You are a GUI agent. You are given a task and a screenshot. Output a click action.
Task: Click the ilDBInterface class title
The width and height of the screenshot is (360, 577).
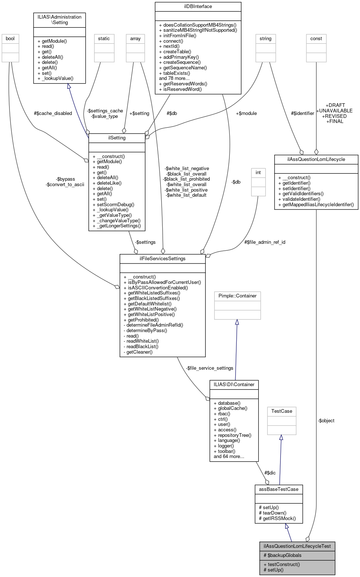point(198,7)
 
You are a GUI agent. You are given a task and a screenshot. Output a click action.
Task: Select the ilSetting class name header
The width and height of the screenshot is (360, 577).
point(117,138)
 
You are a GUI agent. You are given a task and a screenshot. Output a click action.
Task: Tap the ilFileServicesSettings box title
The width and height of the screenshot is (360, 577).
point(162,259)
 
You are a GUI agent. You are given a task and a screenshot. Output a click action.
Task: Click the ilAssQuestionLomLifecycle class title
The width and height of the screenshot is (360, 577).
point(316,159)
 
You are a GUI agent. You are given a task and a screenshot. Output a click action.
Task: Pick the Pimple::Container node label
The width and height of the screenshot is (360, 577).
point(237,296)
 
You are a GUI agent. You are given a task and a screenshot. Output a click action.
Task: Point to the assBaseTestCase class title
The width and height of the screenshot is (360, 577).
point(278,489)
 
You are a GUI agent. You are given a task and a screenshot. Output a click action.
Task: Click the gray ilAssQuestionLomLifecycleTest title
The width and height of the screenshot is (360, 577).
point(297,546)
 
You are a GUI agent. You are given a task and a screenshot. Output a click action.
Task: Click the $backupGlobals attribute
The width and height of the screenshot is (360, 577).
point(282,555)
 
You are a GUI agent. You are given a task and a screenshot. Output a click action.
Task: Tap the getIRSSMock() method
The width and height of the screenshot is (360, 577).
point(277,518)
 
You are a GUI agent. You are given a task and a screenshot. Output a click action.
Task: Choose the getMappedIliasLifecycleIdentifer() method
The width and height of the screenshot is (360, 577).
point(316,204)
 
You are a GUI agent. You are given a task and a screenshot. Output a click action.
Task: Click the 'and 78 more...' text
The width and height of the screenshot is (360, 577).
point(174,78)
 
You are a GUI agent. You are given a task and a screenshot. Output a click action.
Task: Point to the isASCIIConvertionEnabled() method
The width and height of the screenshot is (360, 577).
point(156,288)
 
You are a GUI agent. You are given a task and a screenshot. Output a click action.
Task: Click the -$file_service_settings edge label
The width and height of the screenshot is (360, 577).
point(209,368)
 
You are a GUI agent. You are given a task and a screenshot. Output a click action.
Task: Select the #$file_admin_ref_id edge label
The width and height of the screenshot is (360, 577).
point(264,242)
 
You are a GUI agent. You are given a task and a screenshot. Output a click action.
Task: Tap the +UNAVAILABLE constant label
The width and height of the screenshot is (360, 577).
point(334,111)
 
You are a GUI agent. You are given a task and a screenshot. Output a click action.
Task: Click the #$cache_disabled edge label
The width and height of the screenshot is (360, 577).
point(53,114)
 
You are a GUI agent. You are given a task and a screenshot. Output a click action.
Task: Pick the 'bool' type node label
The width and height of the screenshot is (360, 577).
point(10,39)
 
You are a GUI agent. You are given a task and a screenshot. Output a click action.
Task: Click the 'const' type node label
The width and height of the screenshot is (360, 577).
point(316,39)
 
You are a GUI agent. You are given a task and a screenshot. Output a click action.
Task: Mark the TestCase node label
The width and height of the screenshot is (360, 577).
point(282,411)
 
